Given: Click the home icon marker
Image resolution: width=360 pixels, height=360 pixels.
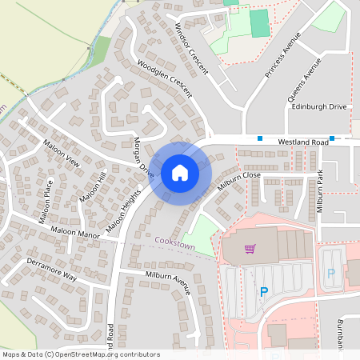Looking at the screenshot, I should pyautogui.click(x=180, y=172).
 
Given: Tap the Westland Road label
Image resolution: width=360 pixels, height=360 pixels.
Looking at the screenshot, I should pyautogui.click(x=303, y=142).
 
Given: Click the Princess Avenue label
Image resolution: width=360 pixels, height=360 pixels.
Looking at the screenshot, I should pyautogui.click(x=284, y=55).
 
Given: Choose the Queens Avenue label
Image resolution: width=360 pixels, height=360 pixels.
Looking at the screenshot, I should pyautogui.click(x=305, y=79).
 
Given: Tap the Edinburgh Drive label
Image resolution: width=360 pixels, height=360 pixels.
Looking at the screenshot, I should pyautogui.click(x=319, y=106).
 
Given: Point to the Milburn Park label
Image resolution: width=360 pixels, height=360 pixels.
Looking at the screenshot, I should pyautogui.click(x=319, y=191).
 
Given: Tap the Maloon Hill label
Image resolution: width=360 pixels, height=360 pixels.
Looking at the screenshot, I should pyautogui.click(x=92, y=186).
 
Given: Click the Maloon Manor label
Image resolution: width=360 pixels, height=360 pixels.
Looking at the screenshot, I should pyautogui.click(x=75, y=234).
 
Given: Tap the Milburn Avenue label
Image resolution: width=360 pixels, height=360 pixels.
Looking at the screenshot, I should pyautogui.click(x=168, y=282).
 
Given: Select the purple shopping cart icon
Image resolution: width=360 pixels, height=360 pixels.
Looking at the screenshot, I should pyautogui.click(x=250, y=249).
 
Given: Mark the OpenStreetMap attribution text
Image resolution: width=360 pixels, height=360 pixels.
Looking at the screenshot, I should pyautogui.click(x=81, y=354).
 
